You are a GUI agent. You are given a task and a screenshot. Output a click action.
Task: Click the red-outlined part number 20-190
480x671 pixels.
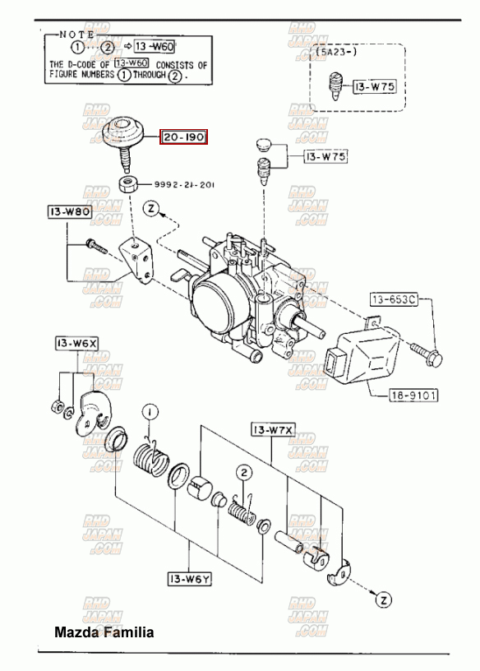pos(183,137)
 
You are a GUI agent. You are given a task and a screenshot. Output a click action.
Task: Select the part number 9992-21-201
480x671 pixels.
pos(184,185)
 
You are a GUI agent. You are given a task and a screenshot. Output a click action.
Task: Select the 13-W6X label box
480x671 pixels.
pos(76,342)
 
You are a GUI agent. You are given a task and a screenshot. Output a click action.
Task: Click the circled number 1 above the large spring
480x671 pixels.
pos(150,412)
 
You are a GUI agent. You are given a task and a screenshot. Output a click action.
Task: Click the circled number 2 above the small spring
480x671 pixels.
pos(244,472)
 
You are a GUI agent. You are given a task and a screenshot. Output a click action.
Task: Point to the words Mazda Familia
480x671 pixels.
pos(104,632)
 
